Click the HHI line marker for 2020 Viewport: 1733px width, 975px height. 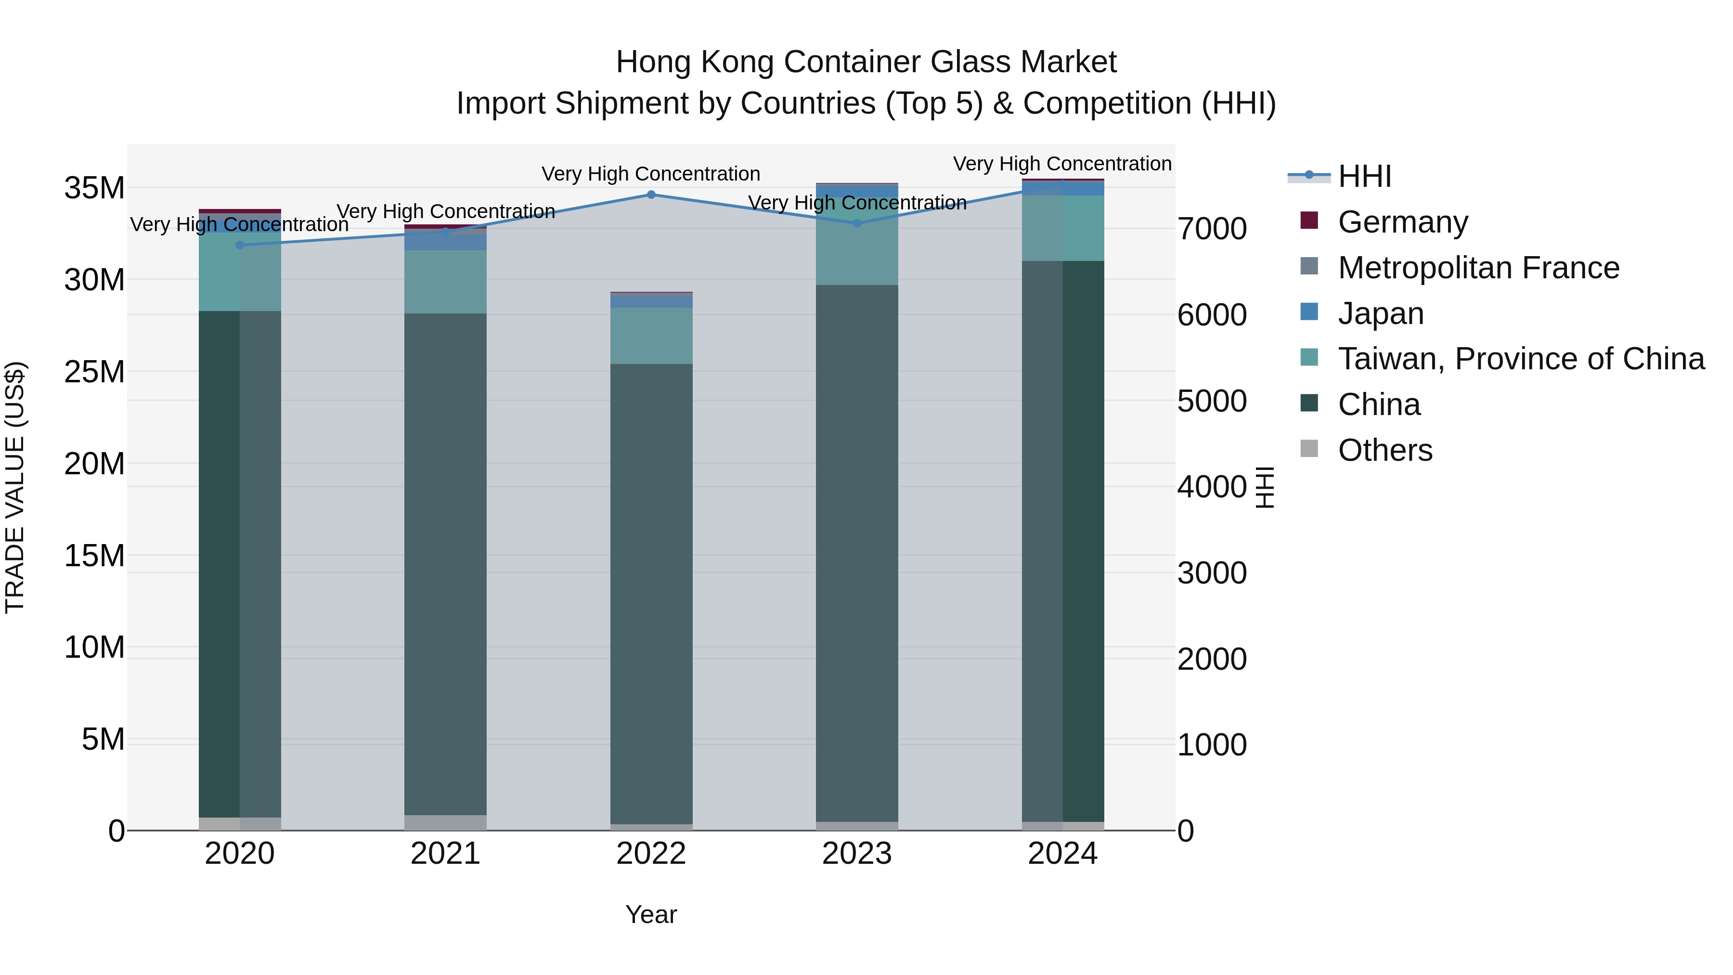tap(240, 245)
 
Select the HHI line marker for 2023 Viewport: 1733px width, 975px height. tap(856, 223)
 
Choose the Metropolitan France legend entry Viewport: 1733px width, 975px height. tap(1478, 268)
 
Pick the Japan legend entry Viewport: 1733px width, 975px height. tap(1381, 313)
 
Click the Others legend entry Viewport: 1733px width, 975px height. tap(1384, 450)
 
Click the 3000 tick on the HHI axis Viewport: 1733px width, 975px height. tap(1212, 573)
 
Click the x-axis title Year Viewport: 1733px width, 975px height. tap(650, 914)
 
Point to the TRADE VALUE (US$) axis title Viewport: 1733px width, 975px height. tap(15, 487)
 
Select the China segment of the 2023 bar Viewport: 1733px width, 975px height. tap(856, 552)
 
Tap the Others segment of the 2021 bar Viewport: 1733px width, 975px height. tap(445, 822)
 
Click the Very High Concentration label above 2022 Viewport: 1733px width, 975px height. tap(650, 174)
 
